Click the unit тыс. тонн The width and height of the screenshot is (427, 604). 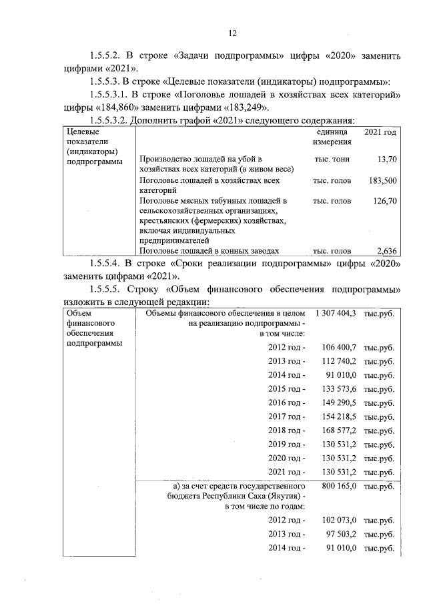click(x=332, y=159)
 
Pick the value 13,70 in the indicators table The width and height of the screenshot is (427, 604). click(x=386, y=159)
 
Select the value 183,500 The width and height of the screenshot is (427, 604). click(x=382, y=180)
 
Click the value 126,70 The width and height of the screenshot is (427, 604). click(x=384, y=200)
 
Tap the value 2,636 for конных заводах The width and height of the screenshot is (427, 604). click(x=386, y=251)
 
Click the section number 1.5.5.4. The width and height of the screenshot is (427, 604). click(x=111, y=264)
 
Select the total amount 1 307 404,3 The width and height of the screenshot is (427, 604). click(x=337, y=312)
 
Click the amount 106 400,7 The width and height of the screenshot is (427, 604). click(x=340, y=347)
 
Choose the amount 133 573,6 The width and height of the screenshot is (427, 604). click(x=340, y=388)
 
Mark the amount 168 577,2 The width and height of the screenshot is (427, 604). click(x=340, y=430)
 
